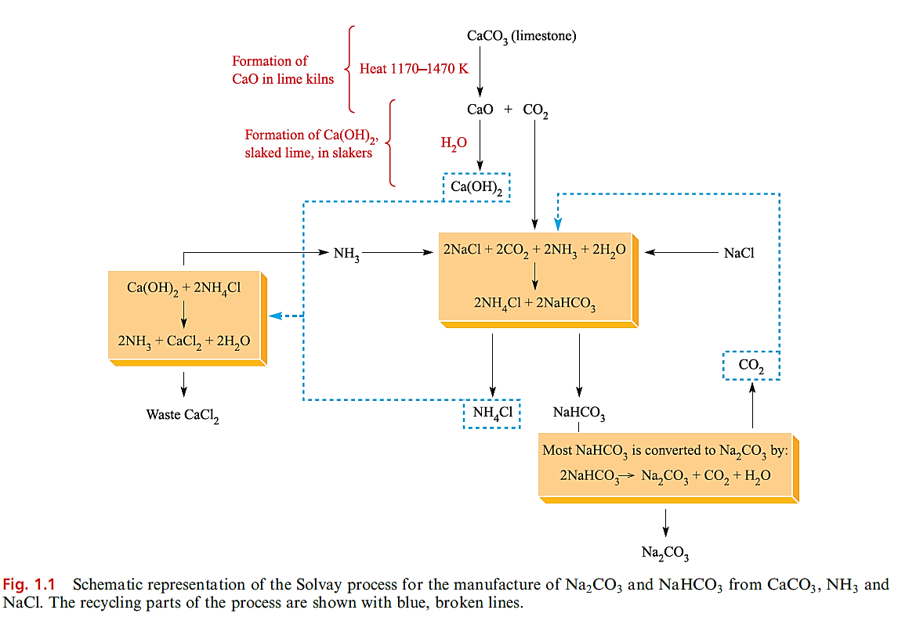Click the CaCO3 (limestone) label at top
[521, 36]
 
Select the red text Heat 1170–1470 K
[413, 69]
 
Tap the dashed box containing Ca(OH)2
[476, 187]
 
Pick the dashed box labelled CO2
[751, 365]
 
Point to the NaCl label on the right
[739, 253]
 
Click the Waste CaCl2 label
[183, 415]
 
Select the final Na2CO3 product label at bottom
[665, 553]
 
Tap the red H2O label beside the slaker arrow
[454, 143]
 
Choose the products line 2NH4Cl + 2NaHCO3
[534, 302]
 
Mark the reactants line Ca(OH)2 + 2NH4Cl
[183, 288]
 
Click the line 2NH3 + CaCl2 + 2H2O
[184, 341]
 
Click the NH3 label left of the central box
[346, 253]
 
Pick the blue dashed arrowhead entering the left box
[273, 316]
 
